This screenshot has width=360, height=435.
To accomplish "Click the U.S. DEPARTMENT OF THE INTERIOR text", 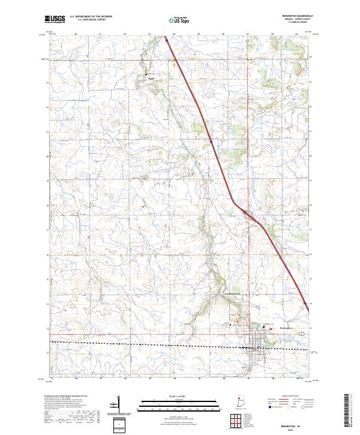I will [90, 17].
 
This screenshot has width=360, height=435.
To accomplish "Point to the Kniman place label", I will [151, 77].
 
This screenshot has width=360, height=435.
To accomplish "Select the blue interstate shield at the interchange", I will [244, 211].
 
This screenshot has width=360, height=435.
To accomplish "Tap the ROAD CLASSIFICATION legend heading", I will [292, 397].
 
